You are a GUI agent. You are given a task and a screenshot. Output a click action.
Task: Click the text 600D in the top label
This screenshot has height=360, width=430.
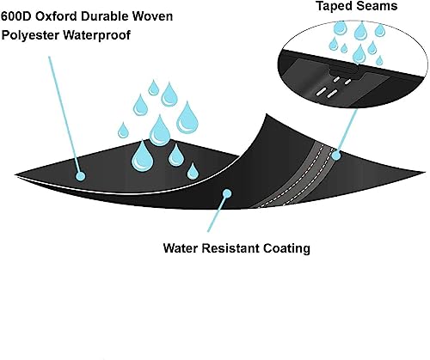[16, 16]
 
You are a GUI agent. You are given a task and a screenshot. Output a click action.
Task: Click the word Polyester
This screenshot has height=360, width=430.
[30, 35]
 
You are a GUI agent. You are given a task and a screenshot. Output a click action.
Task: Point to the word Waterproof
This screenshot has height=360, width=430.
[96, 35]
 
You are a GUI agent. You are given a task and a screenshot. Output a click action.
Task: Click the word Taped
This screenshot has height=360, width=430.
[335, 6]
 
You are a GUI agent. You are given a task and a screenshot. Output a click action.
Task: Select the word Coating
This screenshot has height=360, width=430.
[286, 248]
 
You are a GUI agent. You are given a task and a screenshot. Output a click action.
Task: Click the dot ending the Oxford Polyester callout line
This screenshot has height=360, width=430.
[81, 176]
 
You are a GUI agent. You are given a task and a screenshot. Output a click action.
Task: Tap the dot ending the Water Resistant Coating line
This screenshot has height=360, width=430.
[227, 193]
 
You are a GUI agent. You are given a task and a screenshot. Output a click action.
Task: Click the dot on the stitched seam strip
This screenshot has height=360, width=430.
[335, 156]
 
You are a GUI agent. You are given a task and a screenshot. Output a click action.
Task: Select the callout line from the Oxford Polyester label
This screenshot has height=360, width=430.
[64, 114]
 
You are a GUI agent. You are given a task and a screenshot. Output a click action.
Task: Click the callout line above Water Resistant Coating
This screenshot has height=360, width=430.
[217, 212]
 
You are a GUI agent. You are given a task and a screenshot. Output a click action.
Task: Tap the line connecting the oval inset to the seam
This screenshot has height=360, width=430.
[347, 131]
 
